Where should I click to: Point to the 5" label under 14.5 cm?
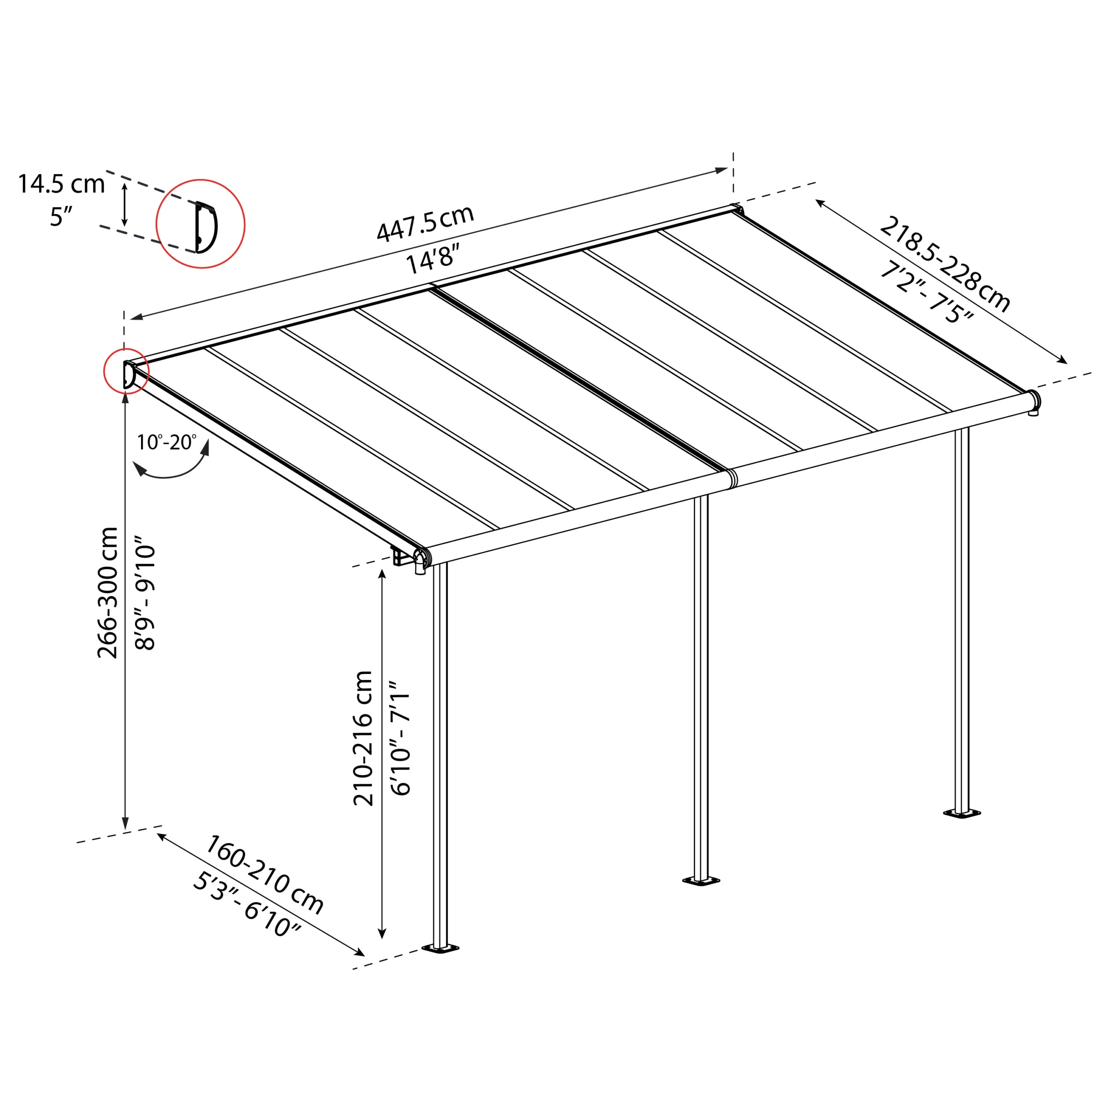(61, 217)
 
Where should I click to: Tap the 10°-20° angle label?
(166, 442)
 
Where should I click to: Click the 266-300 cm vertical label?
(108, 592)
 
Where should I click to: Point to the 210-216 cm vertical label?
(363, 738)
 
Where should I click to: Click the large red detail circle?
(201, 224)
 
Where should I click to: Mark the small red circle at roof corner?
(126, 371)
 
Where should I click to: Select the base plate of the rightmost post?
(961, 814)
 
